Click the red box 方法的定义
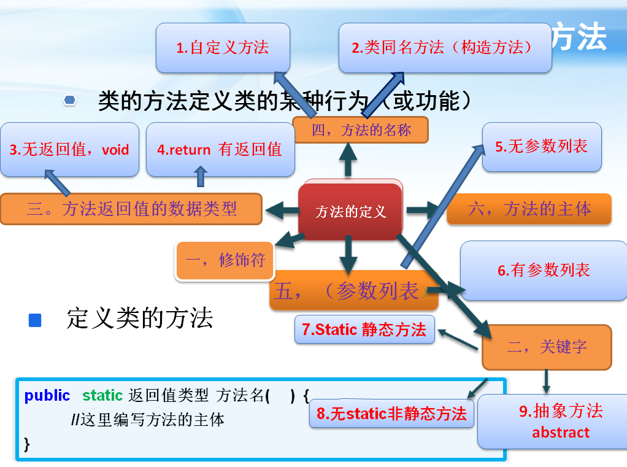coord(350,212)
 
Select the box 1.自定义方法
coord(222,48)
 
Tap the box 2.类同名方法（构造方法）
coord(445,48)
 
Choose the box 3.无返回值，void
coord(69,149)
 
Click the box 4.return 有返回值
coord(220,149)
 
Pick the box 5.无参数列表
coord(541,146)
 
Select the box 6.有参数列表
coord(544,270)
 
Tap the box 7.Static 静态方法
coord(364,330)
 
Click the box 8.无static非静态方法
coord(391,414)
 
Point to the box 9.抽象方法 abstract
coord(560,421)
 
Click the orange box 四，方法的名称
coord(360,129)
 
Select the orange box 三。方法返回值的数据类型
coord(131,209)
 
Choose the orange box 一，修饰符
coord(225,260)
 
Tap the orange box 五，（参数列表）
coord(353,290)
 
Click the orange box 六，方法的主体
coord(529,209)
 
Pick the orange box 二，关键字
coord(547,347)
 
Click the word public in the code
coord(47,396)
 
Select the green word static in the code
coord(102,396)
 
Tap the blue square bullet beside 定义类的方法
coord(35,320)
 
